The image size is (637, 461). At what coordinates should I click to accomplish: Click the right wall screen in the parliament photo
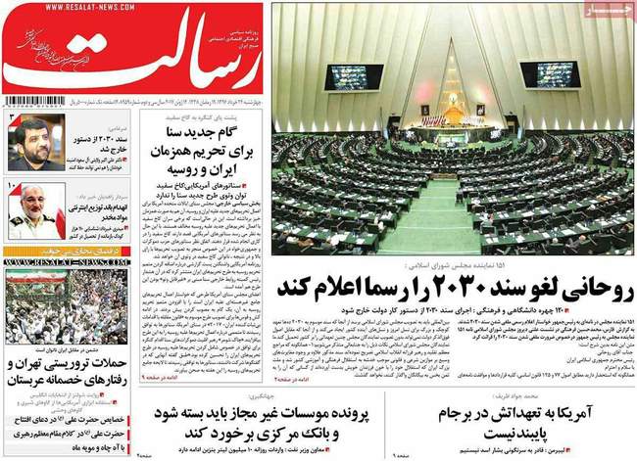coord(545,73)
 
